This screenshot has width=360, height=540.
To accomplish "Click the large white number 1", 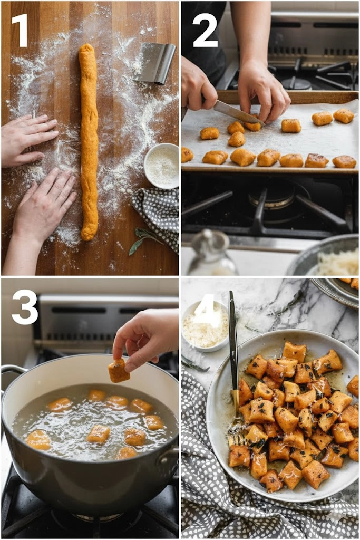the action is point(21,30).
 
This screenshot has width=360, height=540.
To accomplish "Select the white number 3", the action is point(24,307).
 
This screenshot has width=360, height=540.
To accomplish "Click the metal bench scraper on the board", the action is point(154,63).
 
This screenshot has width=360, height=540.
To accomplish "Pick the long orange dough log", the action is point(89,141).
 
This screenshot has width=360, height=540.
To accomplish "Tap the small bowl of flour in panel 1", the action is point(161,166).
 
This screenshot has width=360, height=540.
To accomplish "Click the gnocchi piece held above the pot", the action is point(119,370).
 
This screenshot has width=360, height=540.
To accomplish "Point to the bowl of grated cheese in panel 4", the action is point(205,326).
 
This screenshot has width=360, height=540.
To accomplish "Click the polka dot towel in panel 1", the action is point(157,217).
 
